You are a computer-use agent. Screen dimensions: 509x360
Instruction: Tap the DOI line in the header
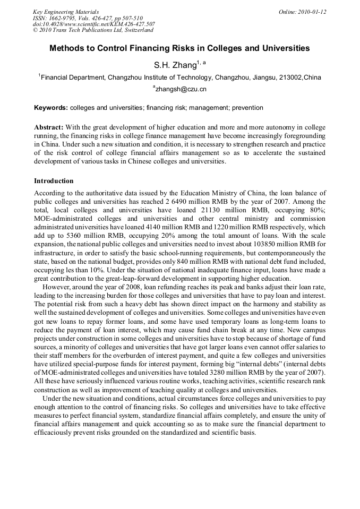point(94,24)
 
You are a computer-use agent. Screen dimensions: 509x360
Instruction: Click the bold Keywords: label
point(51,108)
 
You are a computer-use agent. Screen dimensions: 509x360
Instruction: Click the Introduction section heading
point(54,181)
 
